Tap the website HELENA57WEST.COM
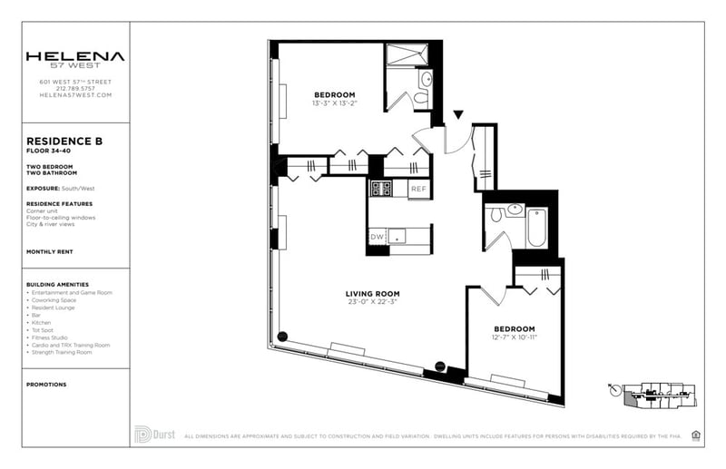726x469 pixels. pyautogui.click(x=75, y=95)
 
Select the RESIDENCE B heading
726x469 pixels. pyautogui.click(x=64, y=142)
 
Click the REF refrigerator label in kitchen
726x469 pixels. pyautogui.click(x=417, y=189)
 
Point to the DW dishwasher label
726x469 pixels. pyautogui.click(x=377, y=237)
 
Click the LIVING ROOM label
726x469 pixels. pyautogui.click(x=372, y=294)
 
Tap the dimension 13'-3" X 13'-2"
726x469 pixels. pyautogui.click(x=335, y=103)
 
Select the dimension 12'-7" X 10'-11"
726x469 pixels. pyautogui.click(x=514, y=337)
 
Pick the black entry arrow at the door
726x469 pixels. pyautogui.click(x=458, y=115)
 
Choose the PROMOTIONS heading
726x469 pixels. pyautogui.click(x=47, y=385)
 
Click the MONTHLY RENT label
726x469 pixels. pyautogui.click(x=50, y=251)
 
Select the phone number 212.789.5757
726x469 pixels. pyautogui.click(x=75, y=88)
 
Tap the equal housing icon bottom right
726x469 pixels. pyautogui.click(x=696, y=435)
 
